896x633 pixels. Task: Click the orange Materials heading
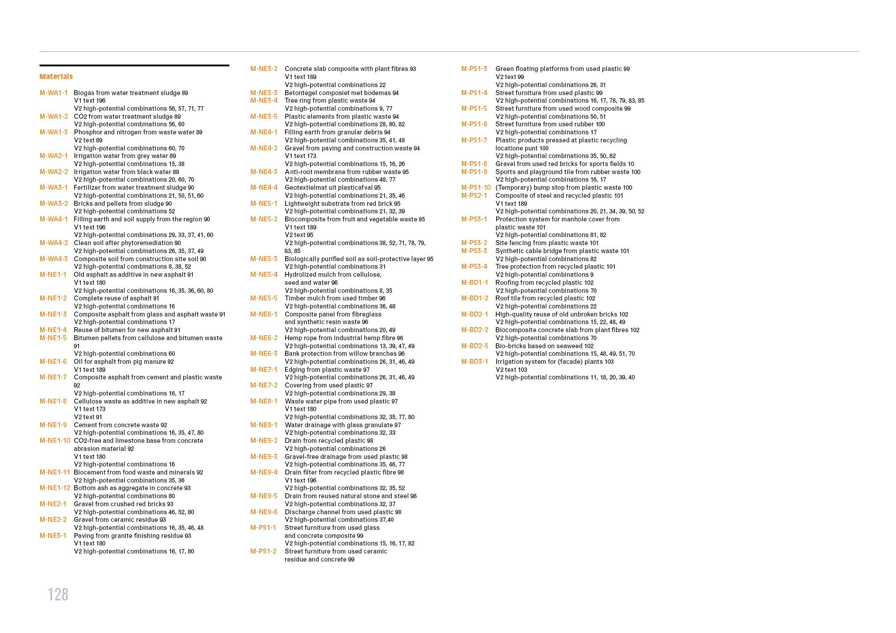pos(56,77)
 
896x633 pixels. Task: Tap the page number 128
pos(58,595)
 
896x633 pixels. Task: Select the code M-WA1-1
pos(54,93)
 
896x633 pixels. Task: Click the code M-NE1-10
pos(55,441)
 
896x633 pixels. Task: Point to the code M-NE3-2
pos(264,69)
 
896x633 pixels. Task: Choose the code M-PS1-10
pos(476,187)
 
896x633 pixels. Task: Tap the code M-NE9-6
pos(264,512)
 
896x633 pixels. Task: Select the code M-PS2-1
pos(474,196)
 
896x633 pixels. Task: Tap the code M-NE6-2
pos(264,338)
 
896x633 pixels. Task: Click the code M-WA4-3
pos(54,259)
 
